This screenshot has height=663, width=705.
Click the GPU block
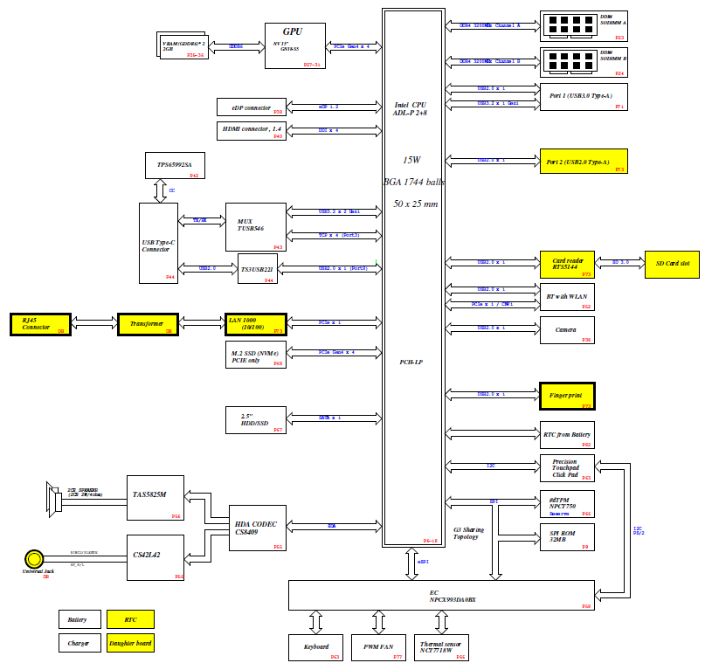(294, 45)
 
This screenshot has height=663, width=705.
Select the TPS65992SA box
(175, 165)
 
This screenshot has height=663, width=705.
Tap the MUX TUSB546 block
(255, 225)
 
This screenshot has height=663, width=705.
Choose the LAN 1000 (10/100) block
(255, 324)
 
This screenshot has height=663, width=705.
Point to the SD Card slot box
(673, 265)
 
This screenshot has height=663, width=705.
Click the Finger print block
(566, 396)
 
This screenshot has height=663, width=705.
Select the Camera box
(566, 330)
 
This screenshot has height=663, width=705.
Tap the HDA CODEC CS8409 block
(256, 528)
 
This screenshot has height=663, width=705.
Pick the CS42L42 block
(155, 557)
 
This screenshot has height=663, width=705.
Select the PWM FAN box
(378, 647)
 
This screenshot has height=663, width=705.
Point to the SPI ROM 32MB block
(566, 537)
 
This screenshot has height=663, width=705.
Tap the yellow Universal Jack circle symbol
(34, 558)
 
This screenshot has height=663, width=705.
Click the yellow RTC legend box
(130, 619)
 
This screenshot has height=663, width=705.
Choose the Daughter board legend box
(130, 644)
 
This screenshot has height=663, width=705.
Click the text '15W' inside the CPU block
(412, 161)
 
